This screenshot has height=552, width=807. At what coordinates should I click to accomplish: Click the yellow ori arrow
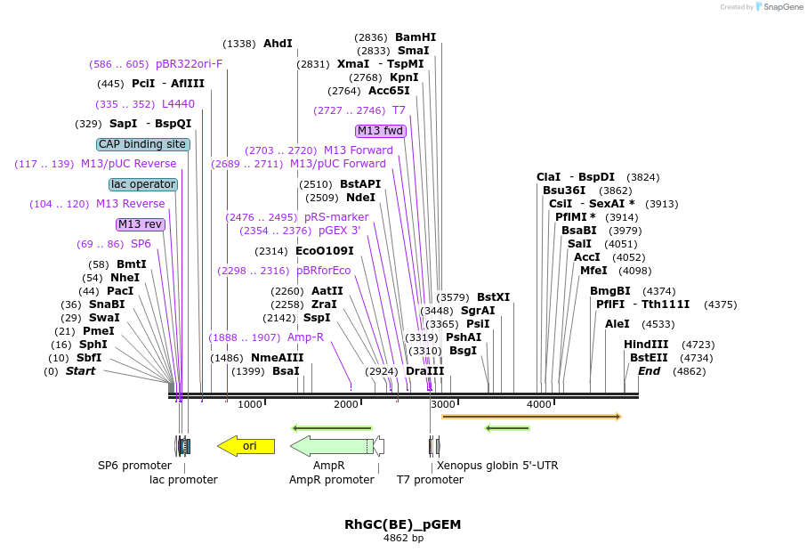[246, 446]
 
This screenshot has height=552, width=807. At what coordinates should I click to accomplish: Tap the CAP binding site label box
[142, 144]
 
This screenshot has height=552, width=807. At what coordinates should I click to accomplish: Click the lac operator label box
[143, 184]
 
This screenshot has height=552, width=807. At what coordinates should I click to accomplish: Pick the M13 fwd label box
[381, 131]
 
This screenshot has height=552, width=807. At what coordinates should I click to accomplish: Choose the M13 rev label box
[141, 224]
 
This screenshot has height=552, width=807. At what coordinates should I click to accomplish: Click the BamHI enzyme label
[416, 37]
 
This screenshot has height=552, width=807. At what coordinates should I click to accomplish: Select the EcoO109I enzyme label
[324, 251]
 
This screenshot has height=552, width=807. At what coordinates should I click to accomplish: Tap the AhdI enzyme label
[278, 43]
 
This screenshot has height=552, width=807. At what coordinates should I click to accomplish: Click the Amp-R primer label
[305, 337]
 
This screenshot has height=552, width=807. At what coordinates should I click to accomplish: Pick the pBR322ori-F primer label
[189, 64]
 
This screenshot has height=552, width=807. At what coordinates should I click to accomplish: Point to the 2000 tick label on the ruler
[346, 405]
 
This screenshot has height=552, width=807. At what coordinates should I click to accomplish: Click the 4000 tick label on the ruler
[539, 405]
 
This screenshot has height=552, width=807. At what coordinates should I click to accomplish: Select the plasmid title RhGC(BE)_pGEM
[402, 524]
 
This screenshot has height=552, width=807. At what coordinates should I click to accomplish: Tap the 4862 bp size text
[403, 539]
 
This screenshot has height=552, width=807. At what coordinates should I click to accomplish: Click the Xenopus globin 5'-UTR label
[496, 465]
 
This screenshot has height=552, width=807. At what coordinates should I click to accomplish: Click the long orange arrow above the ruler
[530, 417]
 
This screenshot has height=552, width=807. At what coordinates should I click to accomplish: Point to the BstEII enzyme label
[649, 358]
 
